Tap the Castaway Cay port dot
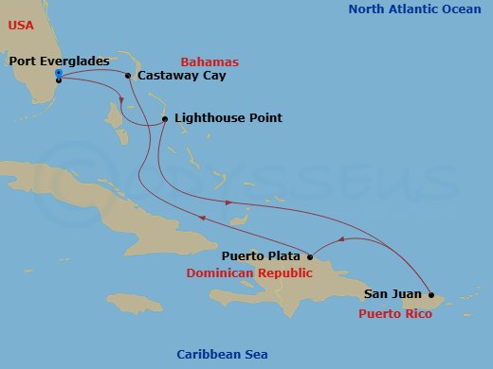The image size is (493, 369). pyautogui.click(x=128, y=76)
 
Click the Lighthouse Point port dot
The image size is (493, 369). pyautogui.click(x=165, y=119)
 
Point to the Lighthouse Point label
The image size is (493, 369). pyautogui.click(x=228, y=118)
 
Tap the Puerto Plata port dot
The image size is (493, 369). pyautogui.click(x=311, y=255)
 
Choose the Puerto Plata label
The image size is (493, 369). pyautogui.click(x=263, y=255)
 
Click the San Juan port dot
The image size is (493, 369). pyautogui.click(x=431, y=294)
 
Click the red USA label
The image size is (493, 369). pyautogui.click(x=21, y=26)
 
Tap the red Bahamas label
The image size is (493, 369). pyautogui.click(x=210, y=61)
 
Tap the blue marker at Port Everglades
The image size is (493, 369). pyautogui.click(x=59, y=75)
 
